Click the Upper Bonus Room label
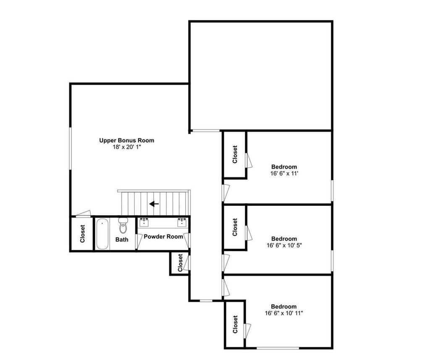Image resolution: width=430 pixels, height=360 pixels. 127,140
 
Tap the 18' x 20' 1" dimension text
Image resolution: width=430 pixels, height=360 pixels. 127,147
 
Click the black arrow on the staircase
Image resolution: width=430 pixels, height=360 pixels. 154,204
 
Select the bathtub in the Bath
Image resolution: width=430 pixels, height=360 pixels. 102,234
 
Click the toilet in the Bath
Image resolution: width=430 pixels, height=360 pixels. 123,225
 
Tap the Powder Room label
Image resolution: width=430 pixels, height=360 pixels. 163,236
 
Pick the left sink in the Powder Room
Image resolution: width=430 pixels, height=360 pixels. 144,223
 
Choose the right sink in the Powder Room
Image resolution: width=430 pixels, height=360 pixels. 182,223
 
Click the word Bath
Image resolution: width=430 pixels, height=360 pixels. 122,239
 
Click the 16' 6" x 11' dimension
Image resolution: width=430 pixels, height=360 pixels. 284,173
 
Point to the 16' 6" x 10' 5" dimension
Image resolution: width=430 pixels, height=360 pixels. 284,245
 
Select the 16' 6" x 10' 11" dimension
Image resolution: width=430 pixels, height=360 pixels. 284,313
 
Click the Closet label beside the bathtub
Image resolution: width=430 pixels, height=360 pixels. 83,234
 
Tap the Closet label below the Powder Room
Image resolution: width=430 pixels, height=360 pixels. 180,263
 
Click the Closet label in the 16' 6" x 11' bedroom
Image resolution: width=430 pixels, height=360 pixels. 235,154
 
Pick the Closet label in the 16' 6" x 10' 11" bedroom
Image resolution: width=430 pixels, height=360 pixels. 235,324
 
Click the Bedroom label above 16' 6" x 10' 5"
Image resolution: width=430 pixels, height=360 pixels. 284,239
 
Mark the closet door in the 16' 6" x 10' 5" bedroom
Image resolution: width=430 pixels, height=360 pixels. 249,233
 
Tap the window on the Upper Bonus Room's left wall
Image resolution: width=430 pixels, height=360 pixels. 70,148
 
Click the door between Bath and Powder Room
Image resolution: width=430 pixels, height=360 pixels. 139,242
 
